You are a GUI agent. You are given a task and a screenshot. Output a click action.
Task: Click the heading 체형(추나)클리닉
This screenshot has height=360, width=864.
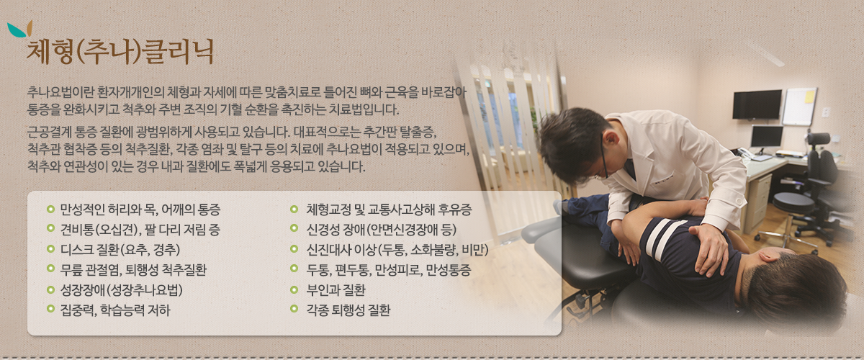point(120,52)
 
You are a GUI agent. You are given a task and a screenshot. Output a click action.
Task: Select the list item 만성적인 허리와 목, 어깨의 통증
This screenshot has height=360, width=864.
point(140,210)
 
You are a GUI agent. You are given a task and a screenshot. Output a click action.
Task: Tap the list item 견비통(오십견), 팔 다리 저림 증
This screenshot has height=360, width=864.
point(140,230)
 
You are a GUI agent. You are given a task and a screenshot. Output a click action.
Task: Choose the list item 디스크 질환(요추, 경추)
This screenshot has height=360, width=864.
point(120,250)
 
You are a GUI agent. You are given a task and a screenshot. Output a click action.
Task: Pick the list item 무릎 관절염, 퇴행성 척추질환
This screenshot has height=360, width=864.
point(133,270)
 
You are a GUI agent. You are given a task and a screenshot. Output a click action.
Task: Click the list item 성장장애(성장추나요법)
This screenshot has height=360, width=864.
point(121,289)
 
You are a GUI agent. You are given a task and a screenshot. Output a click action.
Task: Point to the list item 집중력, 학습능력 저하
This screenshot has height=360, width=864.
point(115,310)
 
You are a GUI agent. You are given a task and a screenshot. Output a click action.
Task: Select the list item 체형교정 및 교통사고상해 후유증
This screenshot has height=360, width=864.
point(389,210)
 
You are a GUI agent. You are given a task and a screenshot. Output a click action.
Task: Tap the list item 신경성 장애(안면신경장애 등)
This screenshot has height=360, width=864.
point(382,230)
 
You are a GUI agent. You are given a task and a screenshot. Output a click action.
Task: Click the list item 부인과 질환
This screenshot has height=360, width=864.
point(336,289)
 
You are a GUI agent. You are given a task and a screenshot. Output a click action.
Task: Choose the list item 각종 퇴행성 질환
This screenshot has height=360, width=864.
point(348,310)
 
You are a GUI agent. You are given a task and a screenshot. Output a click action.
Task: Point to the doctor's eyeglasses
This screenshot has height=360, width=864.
point(603,158)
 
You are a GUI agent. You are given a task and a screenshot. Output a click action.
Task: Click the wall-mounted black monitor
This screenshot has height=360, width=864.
point(757,104)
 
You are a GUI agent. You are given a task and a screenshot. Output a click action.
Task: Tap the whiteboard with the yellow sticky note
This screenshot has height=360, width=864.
point(799,107)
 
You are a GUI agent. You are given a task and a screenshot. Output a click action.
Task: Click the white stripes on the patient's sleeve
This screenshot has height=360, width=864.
point(662,238)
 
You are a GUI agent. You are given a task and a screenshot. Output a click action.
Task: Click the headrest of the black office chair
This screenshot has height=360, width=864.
point(818,138)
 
